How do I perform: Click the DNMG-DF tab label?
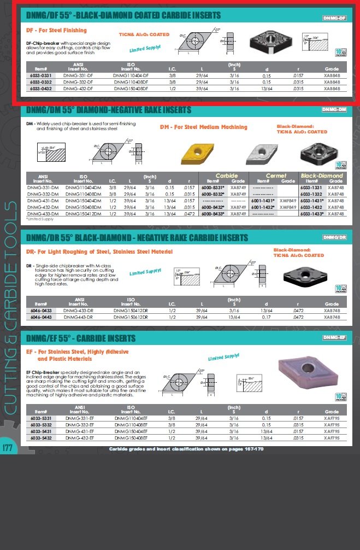[x=334, y=18]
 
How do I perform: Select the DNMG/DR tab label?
[x=334, y=237]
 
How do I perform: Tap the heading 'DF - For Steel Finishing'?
[x=56, y=31]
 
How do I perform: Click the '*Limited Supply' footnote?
[x=40, y=219]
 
